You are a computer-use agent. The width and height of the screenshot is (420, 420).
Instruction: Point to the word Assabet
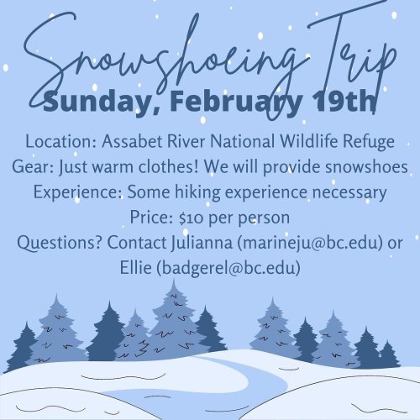click(x=132, y=141)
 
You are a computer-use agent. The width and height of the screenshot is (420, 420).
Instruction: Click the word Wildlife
click(x=309, y=141)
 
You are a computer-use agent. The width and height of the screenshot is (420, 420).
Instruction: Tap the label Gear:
click(x=33, y=167)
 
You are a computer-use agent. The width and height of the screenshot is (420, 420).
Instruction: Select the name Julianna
click(x=202, y=243)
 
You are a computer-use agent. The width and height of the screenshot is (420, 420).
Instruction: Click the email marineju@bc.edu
click(x=310, y=243)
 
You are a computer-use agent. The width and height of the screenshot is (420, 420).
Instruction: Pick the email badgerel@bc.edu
click(x=228, y=268)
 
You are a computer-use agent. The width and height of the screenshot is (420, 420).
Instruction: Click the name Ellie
click(x=136, y=267)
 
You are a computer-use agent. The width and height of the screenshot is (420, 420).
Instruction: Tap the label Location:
click(x=61, y=141)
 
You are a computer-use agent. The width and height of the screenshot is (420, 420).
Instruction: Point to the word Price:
click(x=151, y=218)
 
